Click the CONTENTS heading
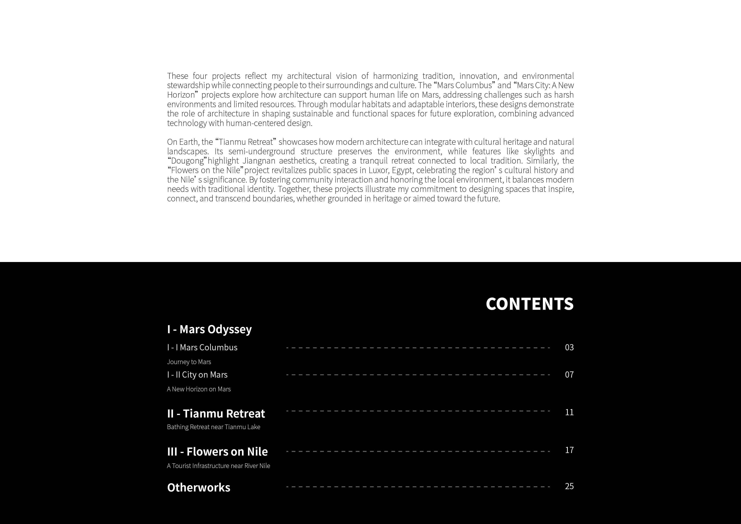click(530, 304)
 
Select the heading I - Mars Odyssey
click(209, 329)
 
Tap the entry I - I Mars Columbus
click(202, 347)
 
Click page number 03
click(569, 347)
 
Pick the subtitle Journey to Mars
click(189, 362)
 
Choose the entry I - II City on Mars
click(197, 375)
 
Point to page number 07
click(569, 375)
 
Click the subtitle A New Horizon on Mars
click(199, 389)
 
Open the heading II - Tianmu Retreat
click(216, 413)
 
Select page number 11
click(569, 412)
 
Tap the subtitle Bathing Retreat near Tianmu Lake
click(213, 427)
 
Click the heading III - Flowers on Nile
click(217, 452)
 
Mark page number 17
click(569, 450)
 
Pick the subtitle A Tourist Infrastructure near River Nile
click(218, 466)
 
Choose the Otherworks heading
click(199, 487)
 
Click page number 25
click(569, 486)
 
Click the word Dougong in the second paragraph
click(187, 161)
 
